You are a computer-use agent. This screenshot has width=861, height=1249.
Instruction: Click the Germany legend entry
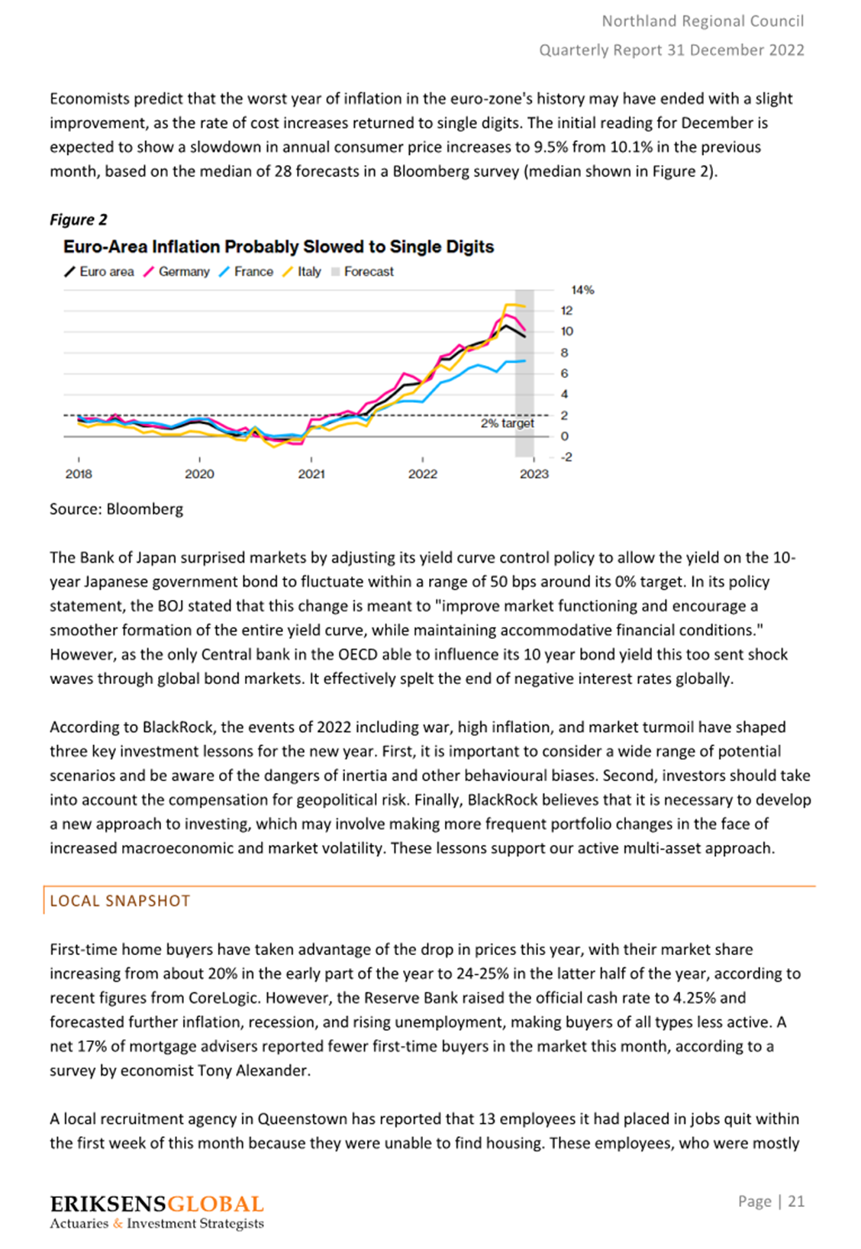click(177, 272)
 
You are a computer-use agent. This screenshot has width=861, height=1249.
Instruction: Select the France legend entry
click(246, 272)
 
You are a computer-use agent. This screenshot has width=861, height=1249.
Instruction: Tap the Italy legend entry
click(302, 272)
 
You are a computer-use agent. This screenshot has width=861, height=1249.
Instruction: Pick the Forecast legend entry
click(363, 272)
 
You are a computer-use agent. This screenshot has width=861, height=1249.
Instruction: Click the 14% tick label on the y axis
click(582, 290)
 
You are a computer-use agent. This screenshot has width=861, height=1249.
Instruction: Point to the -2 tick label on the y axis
click(566, 457)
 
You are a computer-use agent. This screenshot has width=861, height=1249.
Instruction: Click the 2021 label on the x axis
click(311, 474)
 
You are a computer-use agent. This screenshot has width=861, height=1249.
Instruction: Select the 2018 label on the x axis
click(79, 474)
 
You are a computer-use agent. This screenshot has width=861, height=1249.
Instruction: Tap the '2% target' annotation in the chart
click(508, 423)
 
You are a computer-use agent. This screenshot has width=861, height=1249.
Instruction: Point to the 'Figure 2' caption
click(79, 220)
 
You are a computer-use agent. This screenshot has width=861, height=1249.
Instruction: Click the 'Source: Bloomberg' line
click(117, 509)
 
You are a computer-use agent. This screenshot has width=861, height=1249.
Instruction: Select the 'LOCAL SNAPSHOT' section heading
click(120, 901)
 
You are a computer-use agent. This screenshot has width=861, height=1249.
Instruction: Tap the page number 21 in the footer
click(796, 1201)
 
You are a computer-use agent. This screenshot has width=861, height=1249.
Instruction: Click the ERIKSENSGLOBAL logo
click(156, 1211)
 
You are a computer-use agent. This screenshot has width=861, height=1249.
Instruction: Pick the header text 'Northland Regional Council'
click(703, 21)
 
